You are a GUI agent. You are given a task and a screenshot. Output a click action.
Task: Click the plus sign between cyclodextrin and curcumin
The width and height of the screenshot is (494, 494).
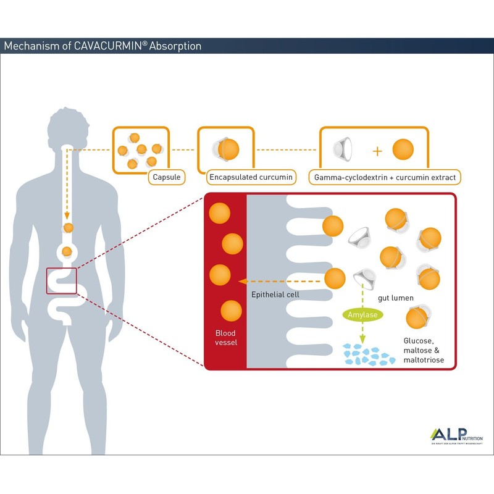pos(377,151)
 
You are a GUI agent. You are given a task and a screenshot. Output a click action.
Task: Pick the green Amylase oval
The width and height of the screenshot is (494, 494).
pos(362,314)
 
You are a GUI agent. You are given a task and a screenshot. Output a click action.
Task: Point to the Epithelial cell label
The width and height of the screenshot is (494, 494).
pos(275,295)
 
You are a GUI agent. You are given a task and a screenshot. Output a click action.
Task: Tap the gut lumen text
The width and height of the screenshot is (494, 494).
pos(395,298)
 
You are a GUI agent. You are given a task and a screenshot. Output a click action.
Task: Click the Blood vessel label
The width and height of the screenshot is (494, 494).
pos(225,338)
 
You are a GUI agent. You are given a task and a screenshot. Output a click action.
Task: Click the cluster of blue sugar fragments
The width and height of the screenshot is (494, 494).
pos(369,355)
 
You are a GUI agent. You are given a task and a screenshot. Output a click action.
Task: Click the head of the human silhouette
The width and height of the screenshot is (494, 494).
pos(67,127)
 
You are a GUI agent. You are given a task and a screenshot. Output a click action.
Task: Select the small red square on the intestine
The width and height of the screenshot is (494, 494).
pos(61,281)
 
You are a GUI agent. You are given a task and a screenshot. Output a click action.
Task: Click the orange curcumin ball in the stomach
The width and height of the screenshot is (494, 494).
pos(67,251)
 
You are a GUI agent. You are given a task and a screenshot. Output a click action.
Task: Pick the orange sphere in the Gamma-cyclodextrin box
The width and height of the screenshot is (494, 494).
pos(403,150)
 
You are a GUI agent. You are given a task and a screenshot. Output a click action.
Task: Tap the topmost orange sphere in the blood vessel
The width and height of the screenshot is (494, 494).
pos(220,214)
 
